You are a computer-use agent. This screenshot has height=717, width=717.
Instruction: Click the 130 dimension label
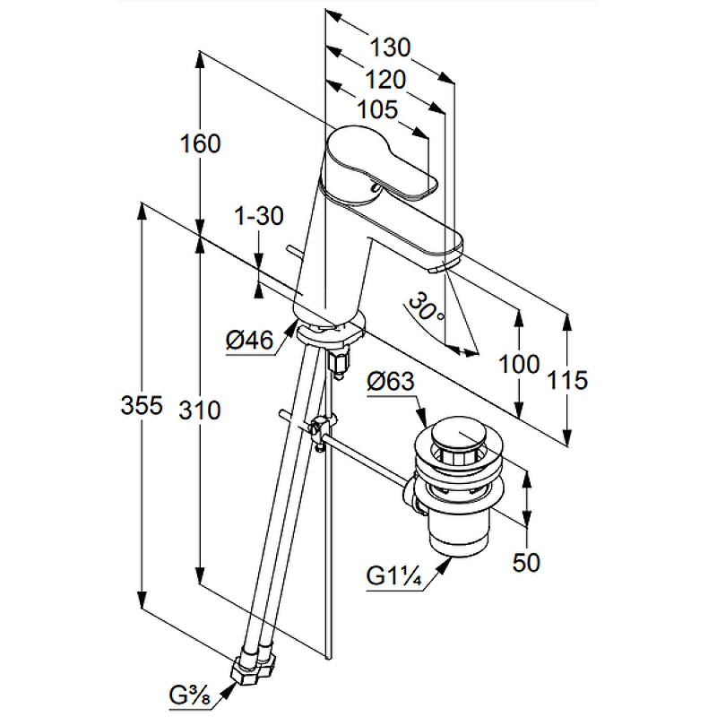[x=391, y=47]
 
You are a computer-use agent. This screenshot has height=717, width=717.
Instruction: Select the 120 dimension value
[x=386, y=80]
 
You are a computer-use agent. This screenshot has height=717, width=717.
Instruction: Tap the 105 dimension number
[x=376, y=110]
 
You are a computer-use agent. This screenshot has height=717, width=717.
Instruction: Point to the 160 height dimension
[x=199, y=143]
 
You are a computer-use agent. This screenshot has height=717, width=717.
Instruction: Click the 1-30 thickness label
[x=258, y=215]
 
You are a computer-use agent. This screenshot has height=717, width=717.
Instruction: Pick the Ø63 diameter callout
[x=391, y=382]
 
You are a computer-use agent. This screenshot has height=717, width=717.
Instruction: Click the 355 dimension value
[x=142, y=406]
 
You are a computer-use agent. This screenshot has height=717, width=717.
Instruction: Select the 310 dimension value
[x=199, y=410]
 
